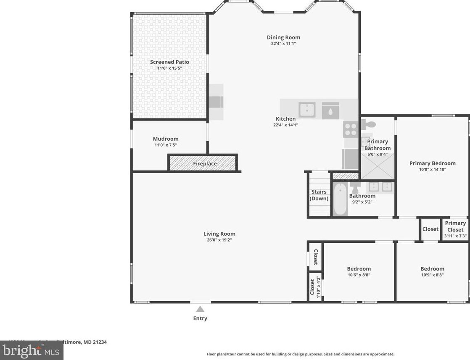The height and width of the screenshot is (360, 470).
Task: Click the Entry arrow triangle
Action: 200,309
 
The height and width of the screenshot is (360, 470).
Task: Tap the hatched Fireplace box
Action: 203,163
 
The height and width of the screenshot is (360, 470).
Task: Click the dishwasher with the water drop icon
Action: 330,110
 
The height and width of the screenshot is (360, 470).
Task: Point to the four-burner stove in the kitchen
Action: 350,129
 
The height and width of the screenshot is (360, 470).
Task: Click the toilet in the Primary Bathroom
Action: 369,124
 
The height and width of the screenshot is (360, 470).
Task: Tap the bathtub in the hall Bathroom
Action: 340,200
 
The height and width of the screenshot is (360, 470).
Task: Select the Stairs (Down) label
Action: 319,195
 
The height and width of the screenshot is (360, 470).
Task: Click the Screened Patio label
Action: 169,62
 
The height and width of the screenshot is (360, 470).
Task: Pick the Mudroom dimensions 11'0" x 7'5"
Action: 166,145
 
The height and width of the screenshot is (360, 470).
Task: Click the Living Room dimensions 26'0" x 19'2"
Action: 219,240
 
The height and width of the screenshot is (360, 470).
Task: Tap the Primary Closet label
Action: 455,226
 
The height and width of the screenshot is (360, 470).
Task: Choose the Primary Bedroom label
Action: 432,163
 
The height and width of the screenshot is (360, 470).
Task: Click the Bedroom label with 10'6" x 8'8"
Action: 359,269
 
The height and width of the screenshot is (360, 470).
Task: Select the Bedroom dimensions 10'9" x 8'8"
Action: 432,275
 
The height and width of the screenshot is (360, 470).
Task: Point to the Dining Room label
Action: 283,37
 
